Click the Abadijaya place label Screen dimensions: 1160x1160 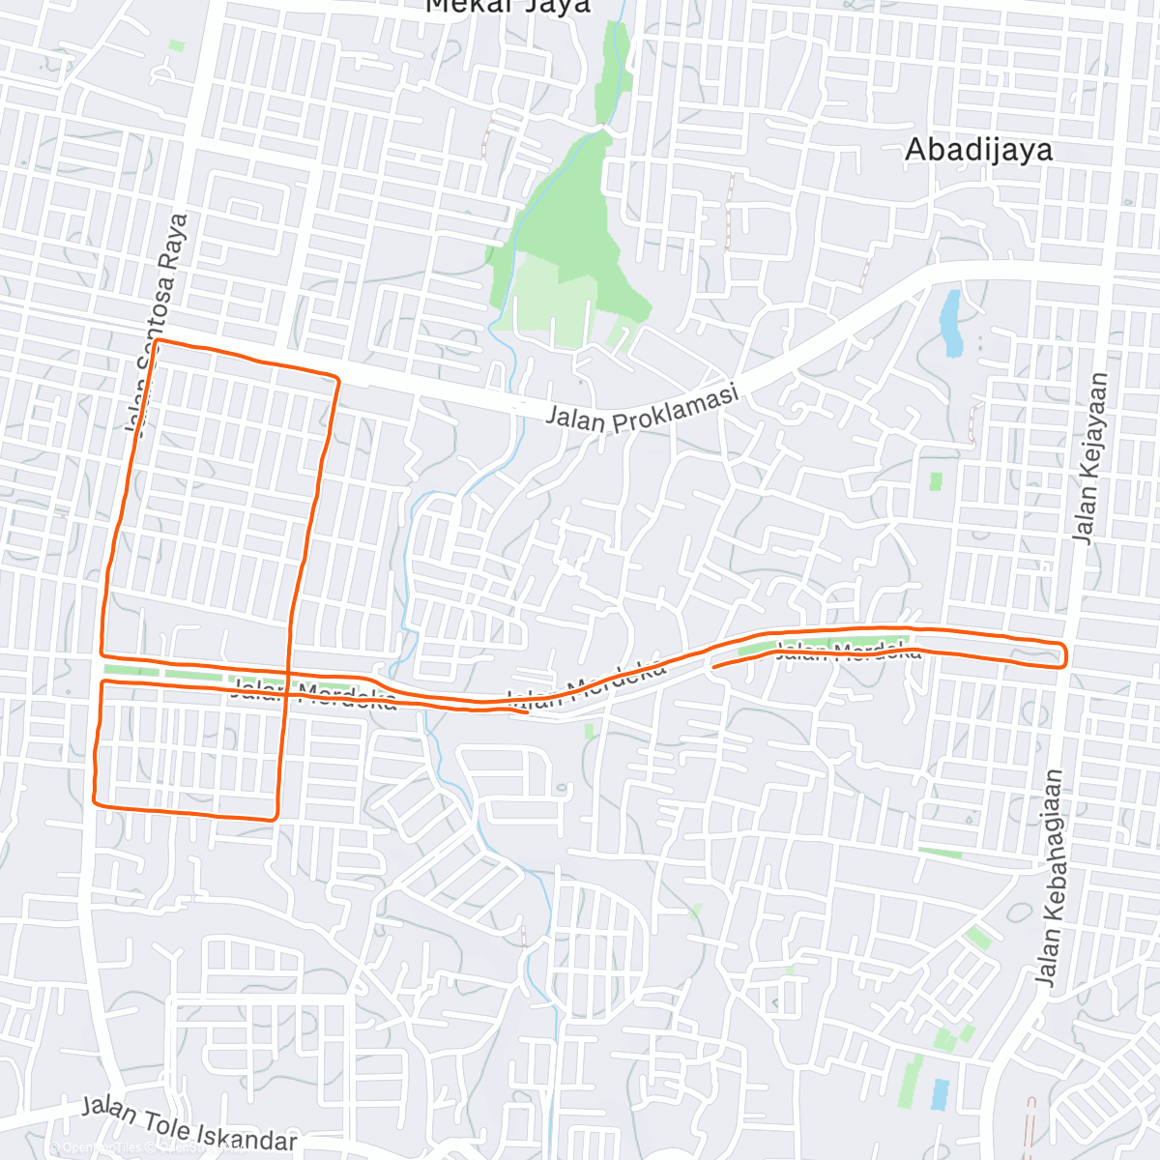(x=978, y=150)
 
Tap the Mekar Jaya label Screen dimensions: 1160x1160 (x=507, y=6)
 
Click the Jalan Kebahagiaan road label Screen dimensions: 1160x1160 (x=1049, y=877)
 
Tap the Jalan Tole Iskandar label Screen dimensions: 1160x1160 (x=189, y=1124)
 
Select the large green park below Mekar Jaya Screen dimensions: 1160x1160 (x=570, y=242)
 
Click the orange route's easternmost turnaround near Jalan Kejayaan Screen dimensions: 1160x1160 (x=1064, y=654)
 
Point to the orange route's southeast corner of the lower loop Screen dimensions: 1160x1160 (x=276, y=817)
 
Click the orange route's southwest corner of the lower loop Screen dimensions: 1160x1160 (x=95, y=800)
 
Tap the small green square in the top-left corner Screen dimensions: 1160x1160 (x=176, y=45)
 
